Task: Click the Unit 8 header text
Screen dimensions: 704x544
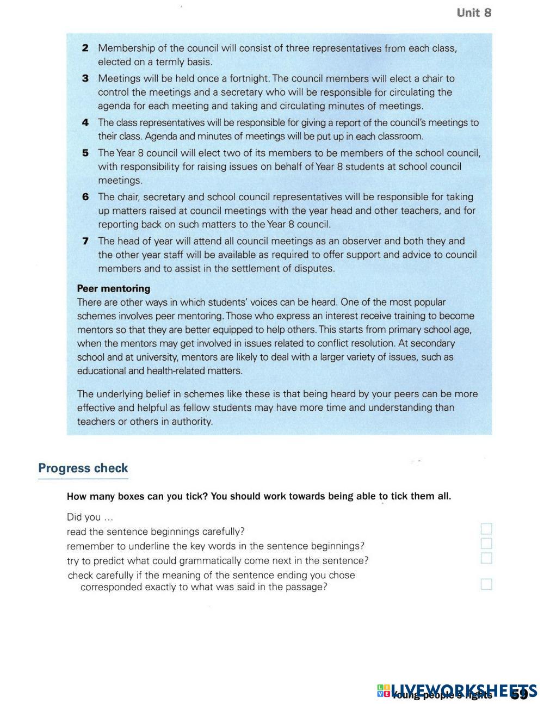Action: [474, 13]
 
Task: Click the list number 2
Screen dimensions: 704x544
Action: [85, 48]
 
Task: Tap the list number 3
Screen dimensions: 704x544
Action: [85, 78]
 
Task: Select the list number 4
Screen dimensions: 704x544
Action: [85, 122]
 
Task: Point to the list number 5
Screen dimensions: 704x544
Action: [85, 153]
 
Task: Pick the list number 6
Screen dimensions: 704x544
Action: [85, 197]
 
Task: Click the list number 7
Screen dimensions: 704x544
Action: [85, 241]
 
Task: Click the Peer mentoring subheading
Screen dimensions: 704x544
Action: [114, 288]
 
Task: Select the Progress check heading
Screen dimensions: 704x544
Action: [83, 468]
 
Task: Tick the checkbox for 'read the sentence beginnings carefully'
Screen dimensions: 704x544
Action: [486, 529]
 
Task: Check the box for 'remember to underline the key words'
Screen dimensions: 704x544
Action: [486, 544]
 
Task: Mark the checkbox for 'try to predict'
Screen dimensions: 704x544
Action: [486, 558]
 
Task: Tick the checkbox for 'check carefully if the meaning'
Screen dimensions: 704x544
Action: [486, 584]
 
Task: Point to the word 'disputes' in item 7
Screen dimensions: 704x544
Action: [316, 268]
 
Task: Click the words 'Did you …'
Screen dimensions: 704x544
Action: [90, 517]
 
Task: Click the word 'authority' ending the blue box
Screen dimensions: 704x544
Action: [191, 422]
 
